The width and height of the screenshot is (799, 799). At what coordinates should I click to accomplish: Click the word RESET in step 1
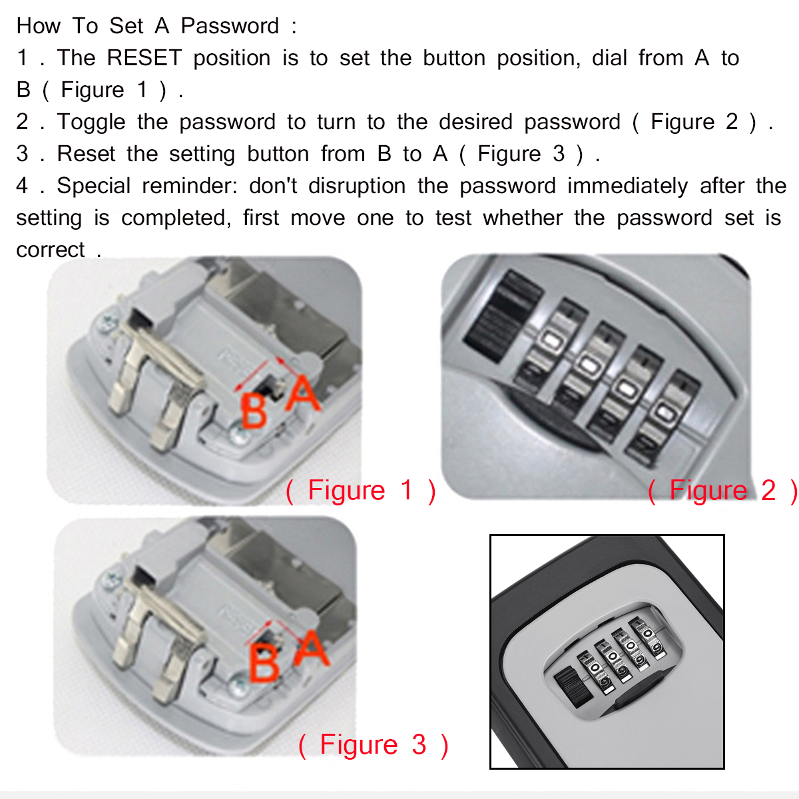(x=144, y=58)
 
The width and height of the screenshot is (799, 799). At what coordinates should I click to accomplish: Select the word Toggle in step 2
(x=91, y=122)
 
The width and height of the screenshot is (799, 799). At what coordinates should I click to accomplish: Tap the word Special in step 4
(x=94, y=186)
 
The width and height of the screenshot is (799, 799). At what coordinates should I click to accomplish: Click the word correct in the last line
(x=51, y=250)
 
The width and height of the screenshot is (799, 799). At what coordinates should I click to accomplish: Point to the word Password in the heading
(x=230, y=26)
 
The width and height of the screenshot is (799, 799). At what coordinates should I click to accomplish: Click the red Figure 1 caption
(x=360, y=491)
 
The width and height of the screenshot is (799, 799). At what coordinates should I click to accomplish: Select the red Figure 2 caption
(x=722, y=491)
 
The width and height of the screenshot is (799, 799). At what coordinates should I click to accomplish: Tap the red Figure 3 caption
(x=373, y=745)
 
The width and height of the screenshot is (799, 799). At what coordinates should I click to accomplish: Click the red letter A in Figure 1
(x=303, y=394)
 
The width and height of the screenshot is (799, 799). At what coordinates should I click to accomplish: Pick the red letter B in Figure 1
(x=254, y=411)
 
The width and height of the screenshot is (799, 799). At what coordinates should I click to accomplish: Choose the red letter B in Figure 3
(x=264, y=664)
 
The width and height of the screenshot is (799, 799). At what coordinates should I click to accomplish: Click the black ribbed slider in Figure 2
(x=496, y=313)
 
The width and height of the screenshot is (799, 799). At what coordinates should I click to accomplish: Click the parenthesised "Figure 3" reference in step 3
(x=530, y=154)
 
